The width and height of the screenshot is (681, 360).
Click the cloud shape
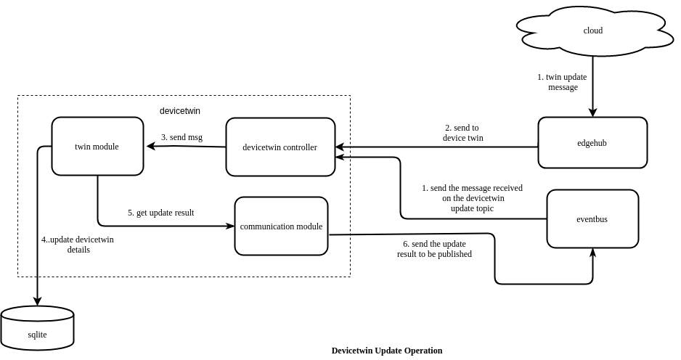(x=593, y=30)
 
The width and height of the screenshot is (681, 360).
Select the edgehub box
(x=592, y=143)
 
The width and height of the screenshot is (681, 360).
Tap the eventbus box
(x=592, y=218)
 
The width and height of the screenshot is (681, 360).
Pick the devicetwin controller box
(x=280, y=147)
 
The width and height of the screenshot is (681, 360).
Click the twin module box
(x=97, y=147)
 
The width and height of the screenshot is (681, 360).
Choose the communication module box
(x=281, y=226)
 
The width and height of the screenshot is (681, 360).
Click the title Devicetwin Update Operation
(x=387, y=351)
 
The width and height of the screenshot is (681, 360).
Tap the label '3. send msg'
(x=182, y=136)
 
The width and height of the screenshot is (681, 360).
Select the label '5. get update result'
(x=160, y=213)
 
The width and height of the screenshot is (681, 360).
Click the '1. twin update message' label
(x=563, y=82)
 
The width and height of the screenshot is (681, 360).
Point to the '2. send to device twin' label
(x=462, y=133)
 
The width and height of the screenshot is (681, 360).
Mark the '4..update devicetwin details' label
(x=78, y=245)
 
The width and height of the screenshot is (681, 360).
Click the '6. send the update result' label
(x=434, y=249)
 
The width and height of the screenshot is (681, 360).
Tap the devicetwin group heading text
(x=180, y=111)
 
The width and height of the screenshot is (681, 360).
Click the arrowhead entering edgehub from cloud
(x=592, y=112)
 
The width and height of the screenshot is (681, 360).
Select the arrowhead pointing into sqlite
(x=37, y=301)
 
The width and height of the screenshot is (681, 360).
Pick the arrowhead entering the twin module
(x=151, y=146)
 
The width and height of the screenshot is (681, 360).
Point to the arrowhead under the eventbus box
(x=592, y=253)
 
